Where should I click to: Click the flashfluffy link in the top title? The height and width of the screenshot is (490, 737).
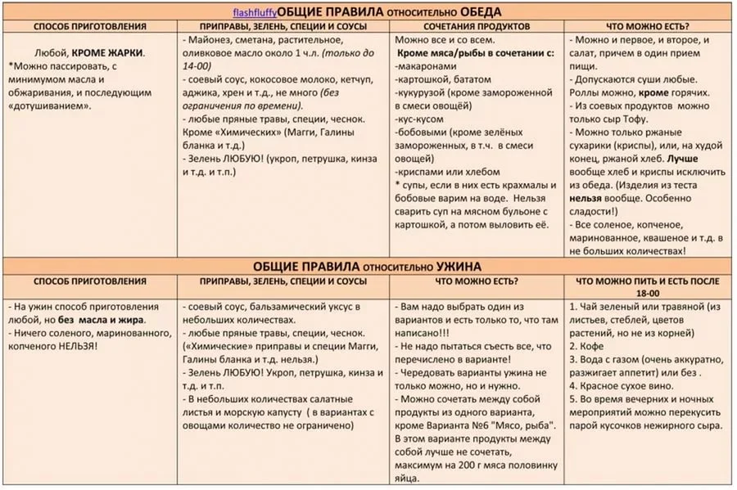click(255, 12)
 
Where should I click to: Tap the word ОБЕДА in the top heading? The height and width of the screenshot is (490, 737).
click(478, 11)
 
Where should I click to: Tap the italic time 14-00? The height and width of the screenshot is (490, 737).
click(198, 65)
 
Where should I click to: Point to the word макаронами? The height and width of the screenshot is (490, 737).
click(428, 66)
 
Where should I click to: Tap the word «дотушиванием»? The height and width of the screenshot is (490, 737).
click(50, 106)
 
